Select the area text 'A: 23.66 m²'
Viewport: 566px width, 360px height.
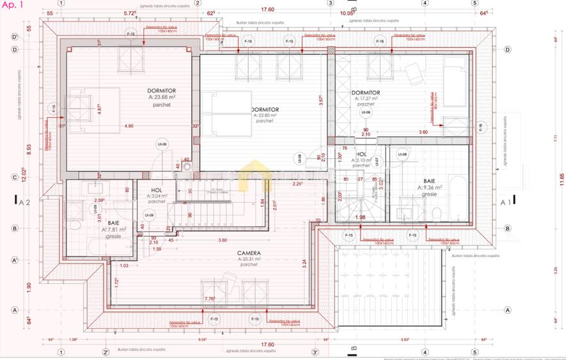(144, 98)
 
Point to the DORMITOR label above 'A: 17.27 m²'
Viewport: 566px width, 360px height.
(365, 93)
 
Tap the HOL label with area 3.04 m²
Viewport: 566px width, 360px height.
(157, 191)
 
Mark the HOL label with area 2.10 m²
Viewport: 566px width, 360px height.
(361, 154)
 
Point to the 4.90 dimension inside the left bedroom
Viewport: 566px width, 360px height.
(130, 126)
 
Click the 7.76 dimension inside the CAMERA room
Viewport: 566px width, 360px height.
(208, 299)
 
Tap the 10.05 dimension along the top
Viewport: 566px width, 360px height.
(347, 12)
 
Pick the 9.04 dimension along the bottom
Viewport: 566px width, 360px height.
(202, 340)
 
